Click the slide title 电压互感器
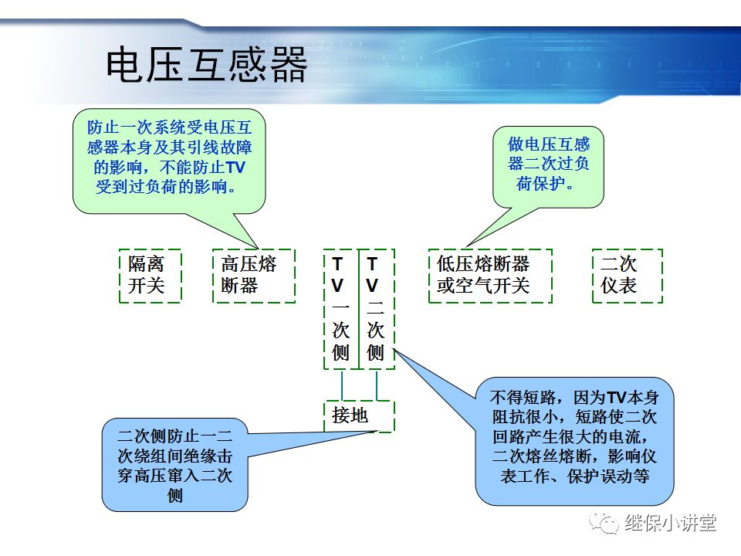tap(206, 65)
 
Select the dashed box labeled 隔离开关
tap(150, 275)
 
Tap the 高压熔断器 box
tap(253, 275)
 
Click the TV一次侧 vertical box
tap(340, 309)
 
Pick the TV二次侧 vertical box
tap(376, 309)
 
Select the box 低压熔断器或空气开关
tap(490, 275)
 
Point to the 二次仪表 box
tap(627, 275)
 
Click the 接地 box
tap(358, 415)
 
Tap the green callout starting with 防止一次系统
tap(169, 158)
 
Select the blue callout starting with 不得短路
tap(575, 438)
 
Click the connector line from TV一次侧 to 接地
tap(341, 385)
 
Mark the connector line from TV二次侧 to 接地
tap(376, 385)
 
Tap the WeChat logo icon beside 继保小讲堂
tap(604, 523)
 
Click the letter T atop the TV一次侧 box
tap(338, 263)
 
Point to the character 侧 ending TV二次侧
tap(375, 353)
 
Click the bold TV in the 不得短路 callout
tap(616, 398)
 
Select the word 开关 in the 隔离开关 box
tap(147, 286)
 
